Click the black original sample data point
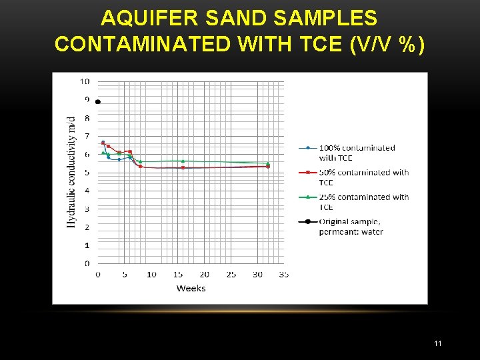98,102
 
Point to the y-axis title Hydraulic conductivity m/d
71,172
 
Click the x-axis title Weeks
191,289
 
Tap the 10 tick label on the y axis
85,81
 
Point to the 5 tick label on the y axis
87,173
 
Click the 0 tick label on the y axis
87,264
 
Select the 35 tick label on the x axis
283,275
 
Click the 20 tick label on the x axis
204,275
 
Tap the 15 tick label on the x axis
177,275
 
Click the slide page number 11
438,343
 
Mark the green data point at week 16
183,161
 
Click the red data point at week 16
183,167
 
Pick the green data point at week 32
267,163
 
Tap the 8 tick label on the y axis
87,118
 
